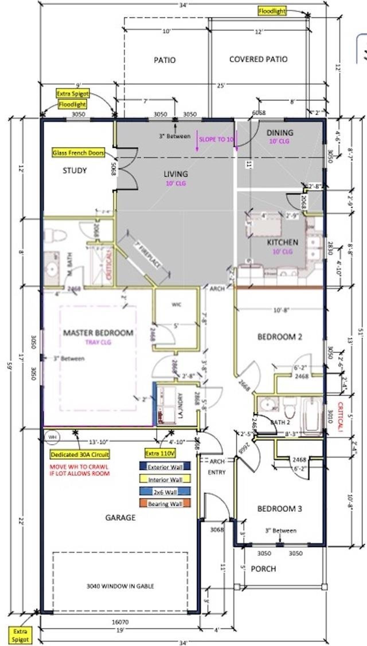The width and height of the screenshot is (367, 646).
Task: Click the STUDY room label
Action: pos(75,171)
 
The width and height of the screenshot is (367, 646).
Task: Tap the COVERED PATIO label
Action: pos(258,59)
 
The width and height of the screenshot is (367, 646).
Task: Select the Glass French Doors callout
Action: pos(78,153)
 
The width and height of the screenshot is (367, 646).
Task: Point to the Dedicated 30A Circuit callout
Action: pos(80,455)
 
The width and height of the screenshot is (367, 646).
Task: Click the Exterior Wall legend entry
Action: pos(165,467)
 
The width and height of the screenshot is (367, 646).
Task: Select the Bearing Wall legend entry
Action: pos(165,504)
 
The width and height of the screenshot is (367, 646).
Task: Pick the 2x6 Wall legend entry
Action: pos(165,492)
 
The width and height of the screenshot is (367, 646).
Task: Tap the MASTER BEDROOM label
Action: pos(98,333)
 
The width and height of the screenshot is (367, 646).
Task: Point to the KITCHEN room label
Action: pos(282,242)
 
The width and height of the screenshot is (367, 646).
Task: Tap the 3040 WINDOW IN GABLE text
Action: pos(120,586)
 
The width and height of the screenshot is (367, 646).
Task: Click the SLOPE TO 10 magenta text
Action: pos(216,140)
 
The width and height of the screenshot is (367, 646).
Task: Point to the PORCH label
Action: pos(263,569)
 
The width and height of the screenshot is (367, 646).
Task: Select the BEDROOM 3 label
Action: pos(280,509)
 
